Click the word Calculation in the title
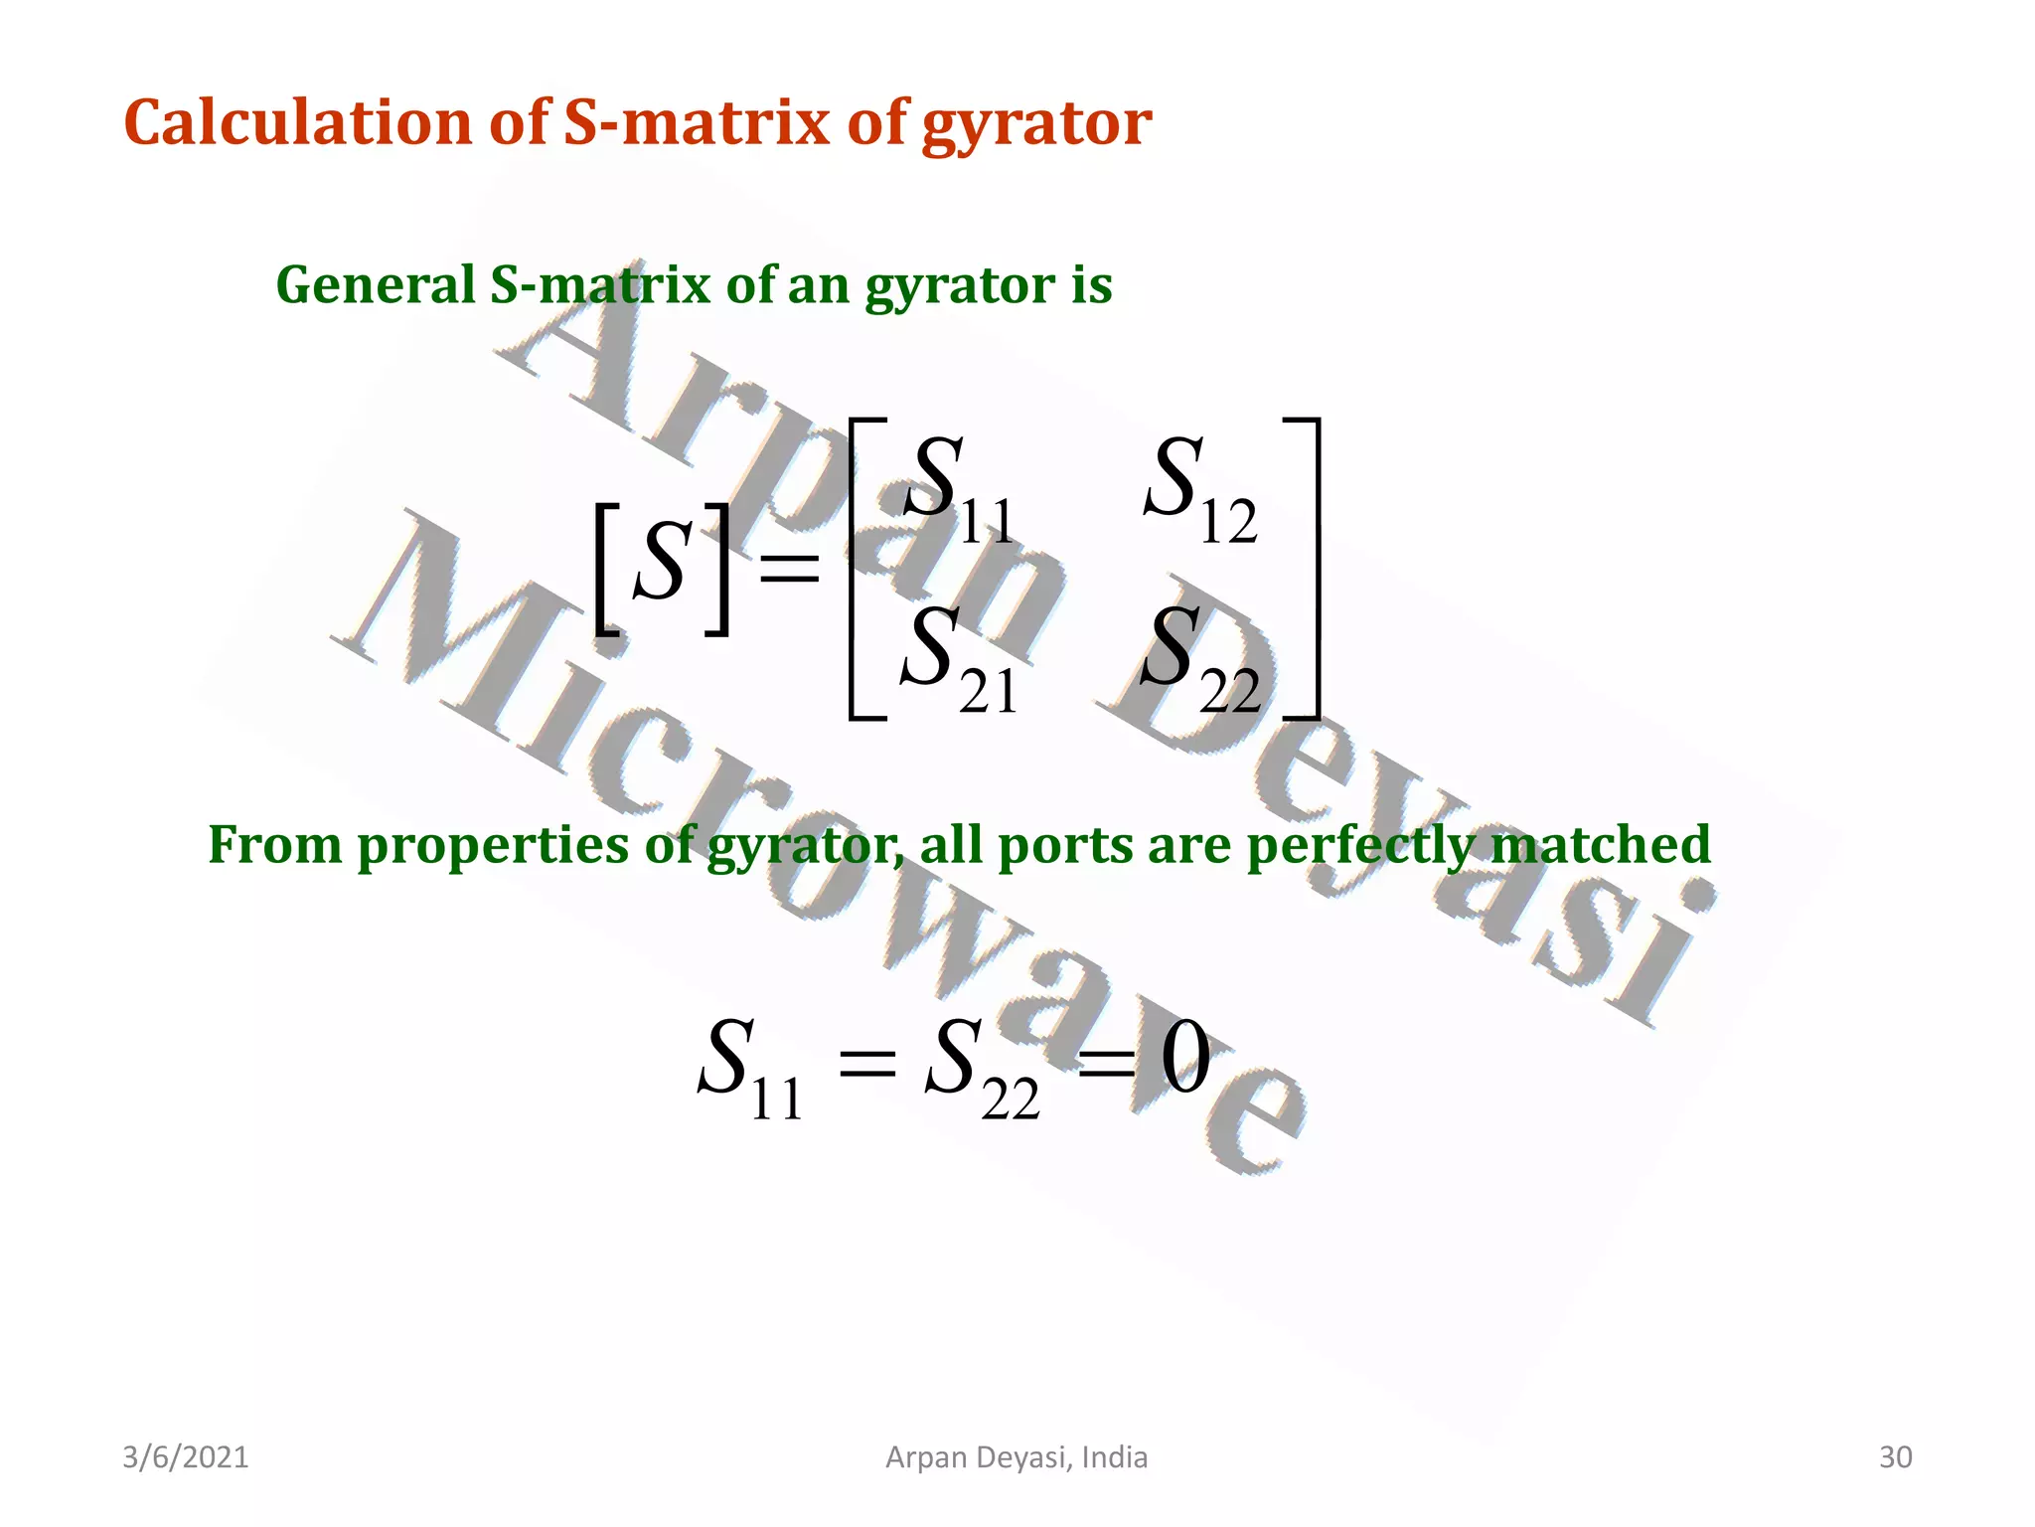tap(297, 123)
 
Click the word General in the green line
tap(375, 285)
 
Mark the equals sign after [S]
tap(790, 571)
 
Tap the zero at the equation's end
tap(1185, 1058)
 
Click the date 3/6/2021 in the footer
tap(186, 1457)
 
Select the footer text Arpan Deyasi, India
tap(1017, 1457)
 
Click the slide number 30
tap(1895, 1457)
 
